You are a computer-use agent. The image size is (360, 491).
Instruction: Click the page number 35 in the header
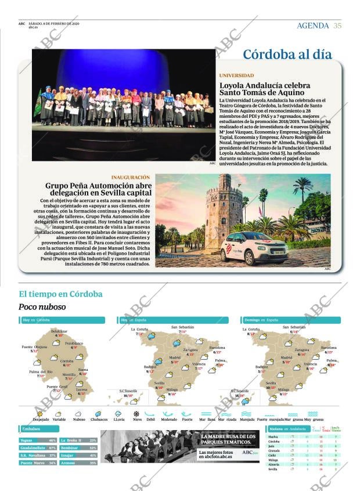point(337,26)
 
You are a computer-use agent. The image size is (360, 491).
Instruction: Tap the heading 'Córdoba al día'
point(287,55)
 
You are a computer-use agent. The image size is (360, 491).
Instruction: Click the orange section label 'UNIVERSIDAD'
point(236,75)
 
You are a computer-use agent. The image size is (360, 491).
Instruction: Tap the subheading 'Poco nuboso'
point(42,306)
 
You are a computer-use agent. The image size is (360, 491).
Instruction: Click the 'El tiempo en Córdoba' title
point(60,294)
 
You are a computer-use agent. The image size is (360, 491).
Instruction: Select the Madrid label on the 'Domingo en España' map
point(286,358)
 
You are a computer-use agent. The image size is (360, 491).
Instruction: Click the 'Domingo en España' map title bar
point(290,320)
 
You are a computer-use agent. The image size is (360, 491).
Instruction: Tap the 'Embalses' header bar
point(38,429)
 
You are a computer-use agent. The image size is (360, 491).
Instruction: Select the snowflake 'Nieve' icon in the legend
point(136,414)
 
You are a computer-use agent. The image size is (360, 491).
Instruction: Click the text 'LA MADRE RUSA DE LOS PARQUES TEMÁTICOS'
point(228,439)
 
